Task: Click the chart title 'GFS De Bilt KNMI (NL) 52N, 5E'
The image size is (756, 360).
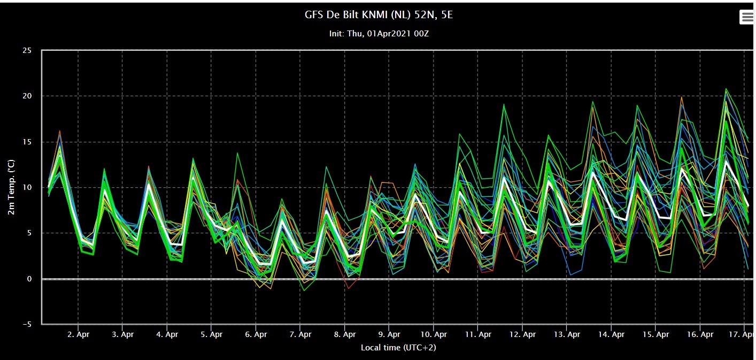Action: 379,15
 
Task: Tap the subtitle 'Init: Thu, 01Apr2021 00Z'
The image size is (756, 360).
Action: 379,34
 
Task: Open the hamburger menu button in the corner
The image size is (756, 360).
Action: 747,17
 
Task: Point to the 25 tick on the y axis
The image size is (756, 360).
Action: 27,51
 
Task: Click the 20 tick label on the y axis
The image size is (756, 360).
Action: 27,96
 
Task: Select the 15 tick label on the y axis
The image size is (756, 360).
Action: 27,142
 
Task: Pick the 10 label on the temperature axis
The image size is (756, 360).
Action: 27,187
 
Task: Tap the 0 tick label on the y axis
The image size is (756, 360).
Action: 29,279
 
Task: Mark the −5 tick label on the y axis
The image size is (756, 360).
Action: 27,324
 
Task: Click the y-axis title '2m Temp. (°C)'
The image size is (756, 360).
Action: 11,187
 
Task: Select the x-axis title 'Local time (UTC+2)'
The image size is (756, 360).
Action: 398,348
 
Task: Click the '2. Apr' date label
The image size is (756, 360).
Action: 78,334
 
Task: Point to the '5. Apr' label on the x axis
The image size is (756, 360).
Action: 212,334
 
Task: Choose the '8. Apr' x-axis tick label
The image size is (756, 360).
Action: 345,334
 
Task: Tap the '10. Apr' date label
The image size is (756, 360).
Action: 434,334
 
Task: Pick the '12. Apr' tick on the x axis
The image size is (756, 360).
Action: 522,334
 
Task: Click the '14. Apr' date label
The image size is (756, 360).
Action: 611,334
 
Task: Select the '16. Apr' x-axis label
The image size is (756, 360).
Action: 700,334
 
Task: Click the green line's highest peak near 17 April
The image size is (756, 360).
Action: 726,89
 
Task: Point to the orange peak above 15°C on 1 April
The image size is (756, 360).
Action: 59,131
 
